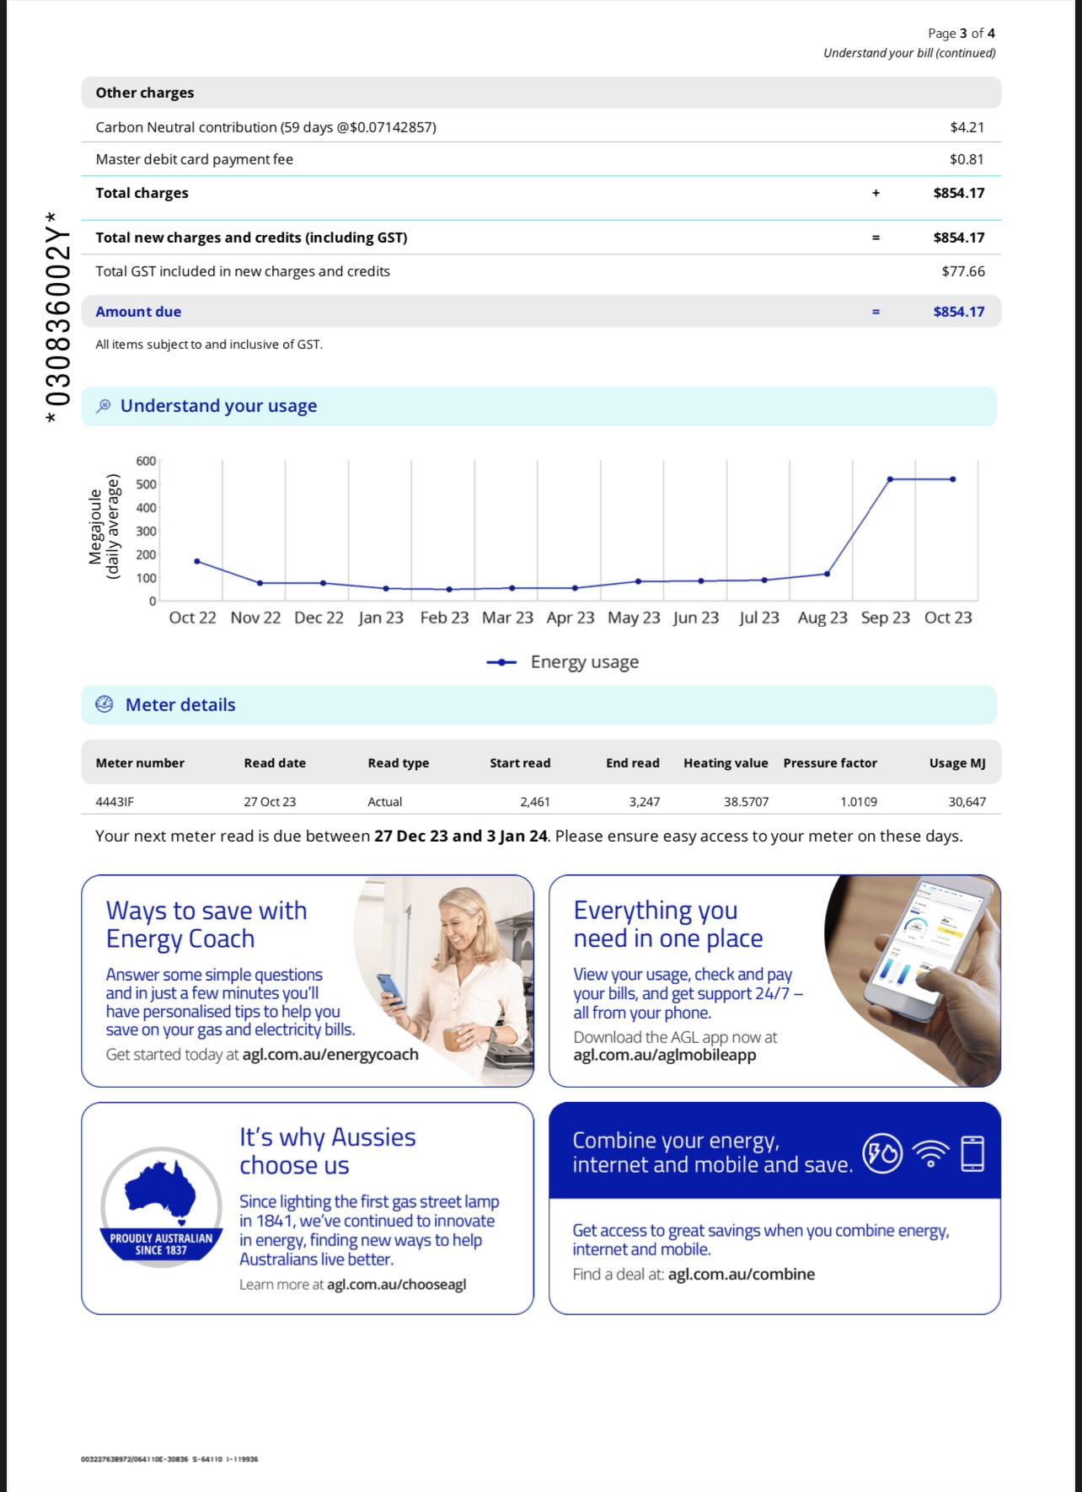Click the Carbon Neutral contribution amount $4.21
click(x=967, y=127)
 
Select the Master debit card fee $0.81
click(x=967, y=159)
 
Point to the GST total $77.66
click(x=963, y=271)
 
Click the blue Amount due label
click(x=138, y=312)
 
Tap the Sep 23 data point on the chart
click(x=890, y=479)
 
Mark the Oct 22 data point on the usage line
click(x=197, y=561)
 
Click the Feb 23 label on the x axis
click(x=444, y=618)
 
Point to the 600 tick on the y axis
click(x=146, y=461)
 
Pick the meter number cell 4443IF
click(x=115, y=802)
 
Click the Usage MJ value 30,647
click(x=967, y=802)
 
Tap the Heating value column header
click(x=726, y=763)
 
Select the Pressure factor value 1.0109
click(x=858, y=802)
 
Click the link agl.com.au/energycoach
click(x=330, y=1055)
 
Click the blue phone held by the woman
click(x=391, y=990)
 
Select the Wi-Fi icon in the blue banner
click(x=930, y=1153)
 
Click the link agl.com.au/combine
click(x=741, y=1274)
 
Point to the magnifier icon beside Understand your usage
click(x=104, y=406)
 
